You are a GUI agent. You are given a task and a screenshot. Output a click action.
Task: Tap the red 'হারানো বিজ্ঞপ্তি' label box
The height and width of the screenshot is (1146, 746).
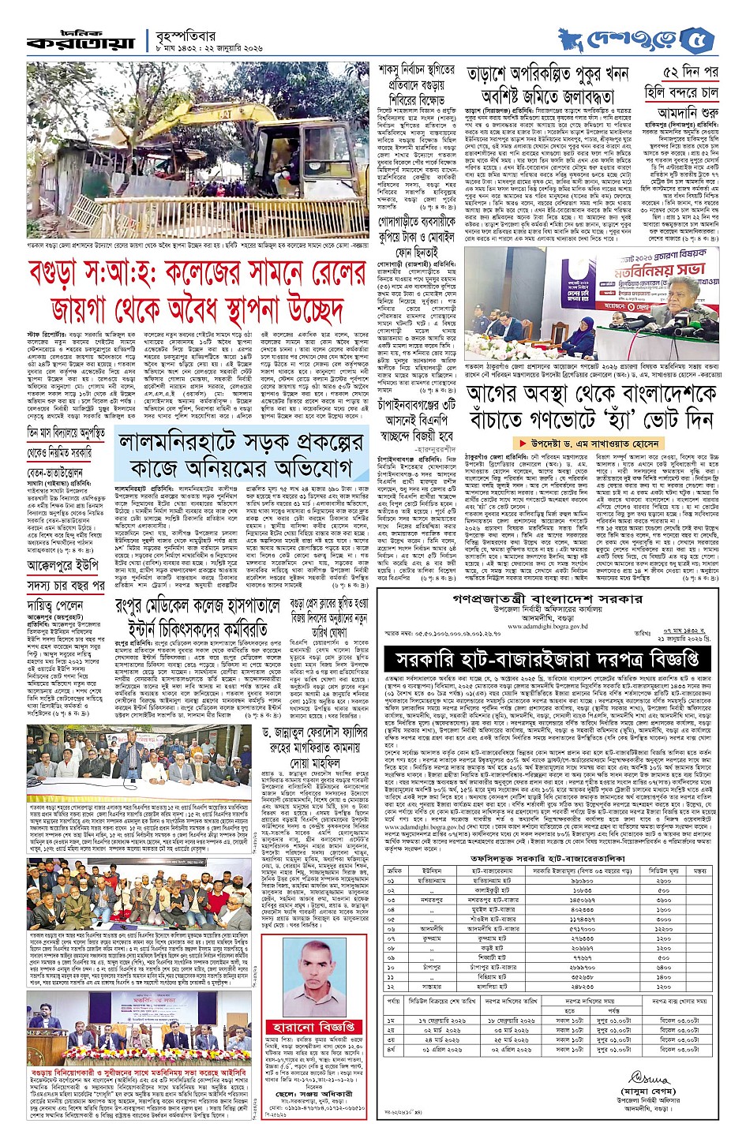314,1027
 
